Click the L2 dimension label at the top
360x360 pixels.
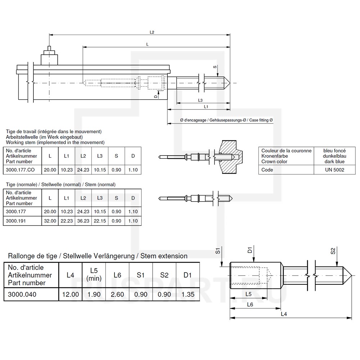152,32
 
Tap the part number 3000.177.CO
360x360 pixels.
21,170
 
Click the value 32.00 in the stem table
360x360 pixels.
50,221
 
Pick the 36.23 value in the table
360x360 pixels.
83,221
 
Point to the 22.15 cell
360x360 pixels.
100,221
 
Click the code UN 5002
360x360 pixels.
334,170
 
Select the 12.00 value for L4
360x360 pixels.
71,294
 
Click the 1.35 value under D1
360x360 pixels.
187,294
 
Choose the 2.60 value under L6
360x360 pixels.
117,294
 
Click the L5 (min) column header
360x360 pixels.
94,275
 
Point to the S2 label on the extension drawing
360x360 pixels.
333,251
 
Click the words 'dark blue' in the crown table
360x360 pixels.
334,162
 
